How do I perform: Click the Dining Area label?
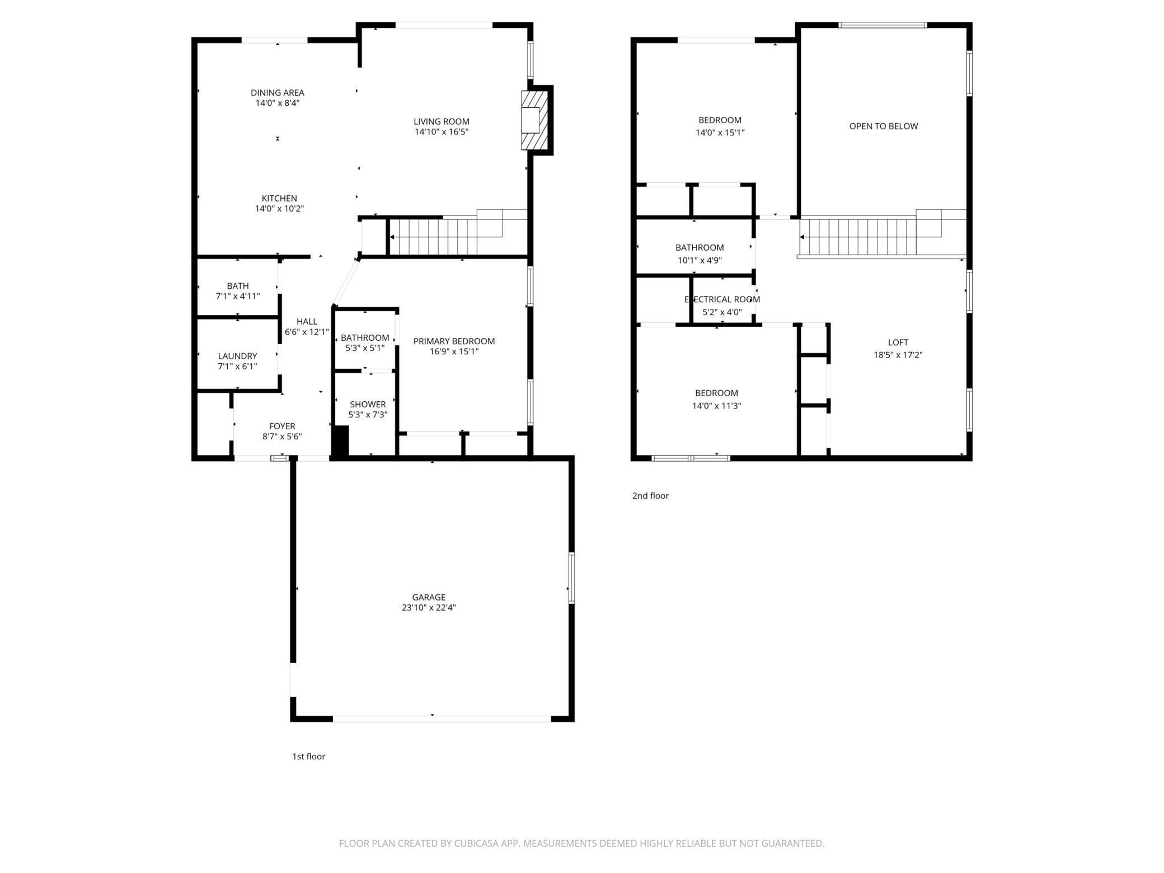point(278,93)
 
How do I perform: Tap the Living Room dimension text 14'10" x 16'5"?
point(442,132)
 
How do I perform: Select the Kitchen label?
point(279,198)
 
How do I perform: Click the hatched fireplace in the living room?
point(534,120)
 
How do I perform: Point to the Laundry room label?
point(237,356)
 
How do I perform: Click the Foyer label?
point(282,426)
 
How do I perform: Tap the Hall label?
point(307,321)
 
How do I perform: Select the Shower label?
point(368,405)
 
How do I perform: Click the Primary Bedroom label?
point(454,341)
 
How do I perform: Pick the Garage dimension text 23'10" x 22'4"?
point(429,608)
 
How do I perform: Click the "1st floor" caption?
point(308,757)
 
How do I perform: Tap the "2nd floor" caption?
point(650,496)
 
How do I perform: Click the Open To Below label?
point(884,126)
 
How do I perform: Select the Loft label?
point(898,342)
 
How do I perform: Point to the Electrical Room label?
point(722,299)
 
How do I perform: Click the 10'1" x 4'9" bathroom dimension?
point(700,260)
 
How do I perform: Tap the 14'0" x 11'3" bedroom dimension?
point(716,406)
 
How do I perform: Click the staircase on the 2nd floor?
point(883,234)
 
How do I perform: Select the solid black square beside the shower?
point(341,441)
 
